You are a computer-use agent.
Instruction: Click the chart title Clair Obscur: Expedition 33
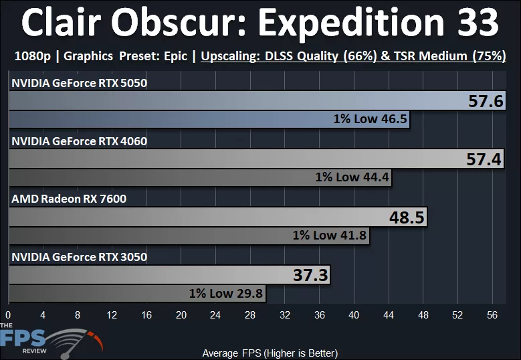(260, 24)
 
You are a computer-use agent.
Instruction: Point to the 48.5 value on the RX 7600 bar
(407, 218)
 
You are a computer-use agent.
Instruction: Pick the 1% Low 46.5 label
(371, 120)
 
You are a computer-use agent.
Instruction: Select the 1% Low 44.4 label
(352, 178)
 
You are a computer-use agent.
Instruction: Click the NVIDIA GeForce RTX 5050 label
(79, 84)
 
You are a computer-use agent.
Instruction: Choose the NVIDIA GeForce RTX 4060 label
(79, 141)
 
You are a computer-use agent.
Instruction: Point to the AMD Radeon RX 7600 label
(68, 199)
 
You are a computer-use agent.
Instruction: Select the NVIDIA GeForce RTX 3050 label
(79, 256)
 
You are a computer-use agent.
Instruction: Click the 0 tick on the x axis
(9, 314)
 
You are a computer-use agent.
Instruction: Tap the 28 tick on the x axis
(250, 314)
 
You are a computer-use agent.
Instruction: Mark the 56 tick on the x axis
(492, 314)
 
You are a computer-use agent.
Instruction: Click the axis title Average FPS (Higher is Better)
(270, 353)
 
